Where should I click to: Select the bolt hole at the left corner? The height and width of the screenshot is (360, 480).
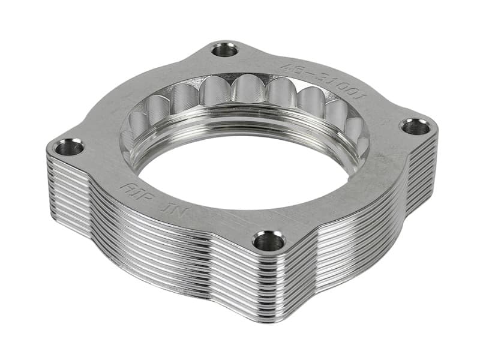pos(70,147)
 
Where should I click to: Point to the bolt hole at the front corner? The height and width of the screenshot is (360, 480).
pos(268,241)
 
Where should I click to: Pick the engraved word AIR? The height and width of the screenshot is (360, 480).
pos(134,190)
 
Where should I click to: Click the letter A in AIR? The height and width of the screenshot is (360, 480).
pos(127,187)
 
